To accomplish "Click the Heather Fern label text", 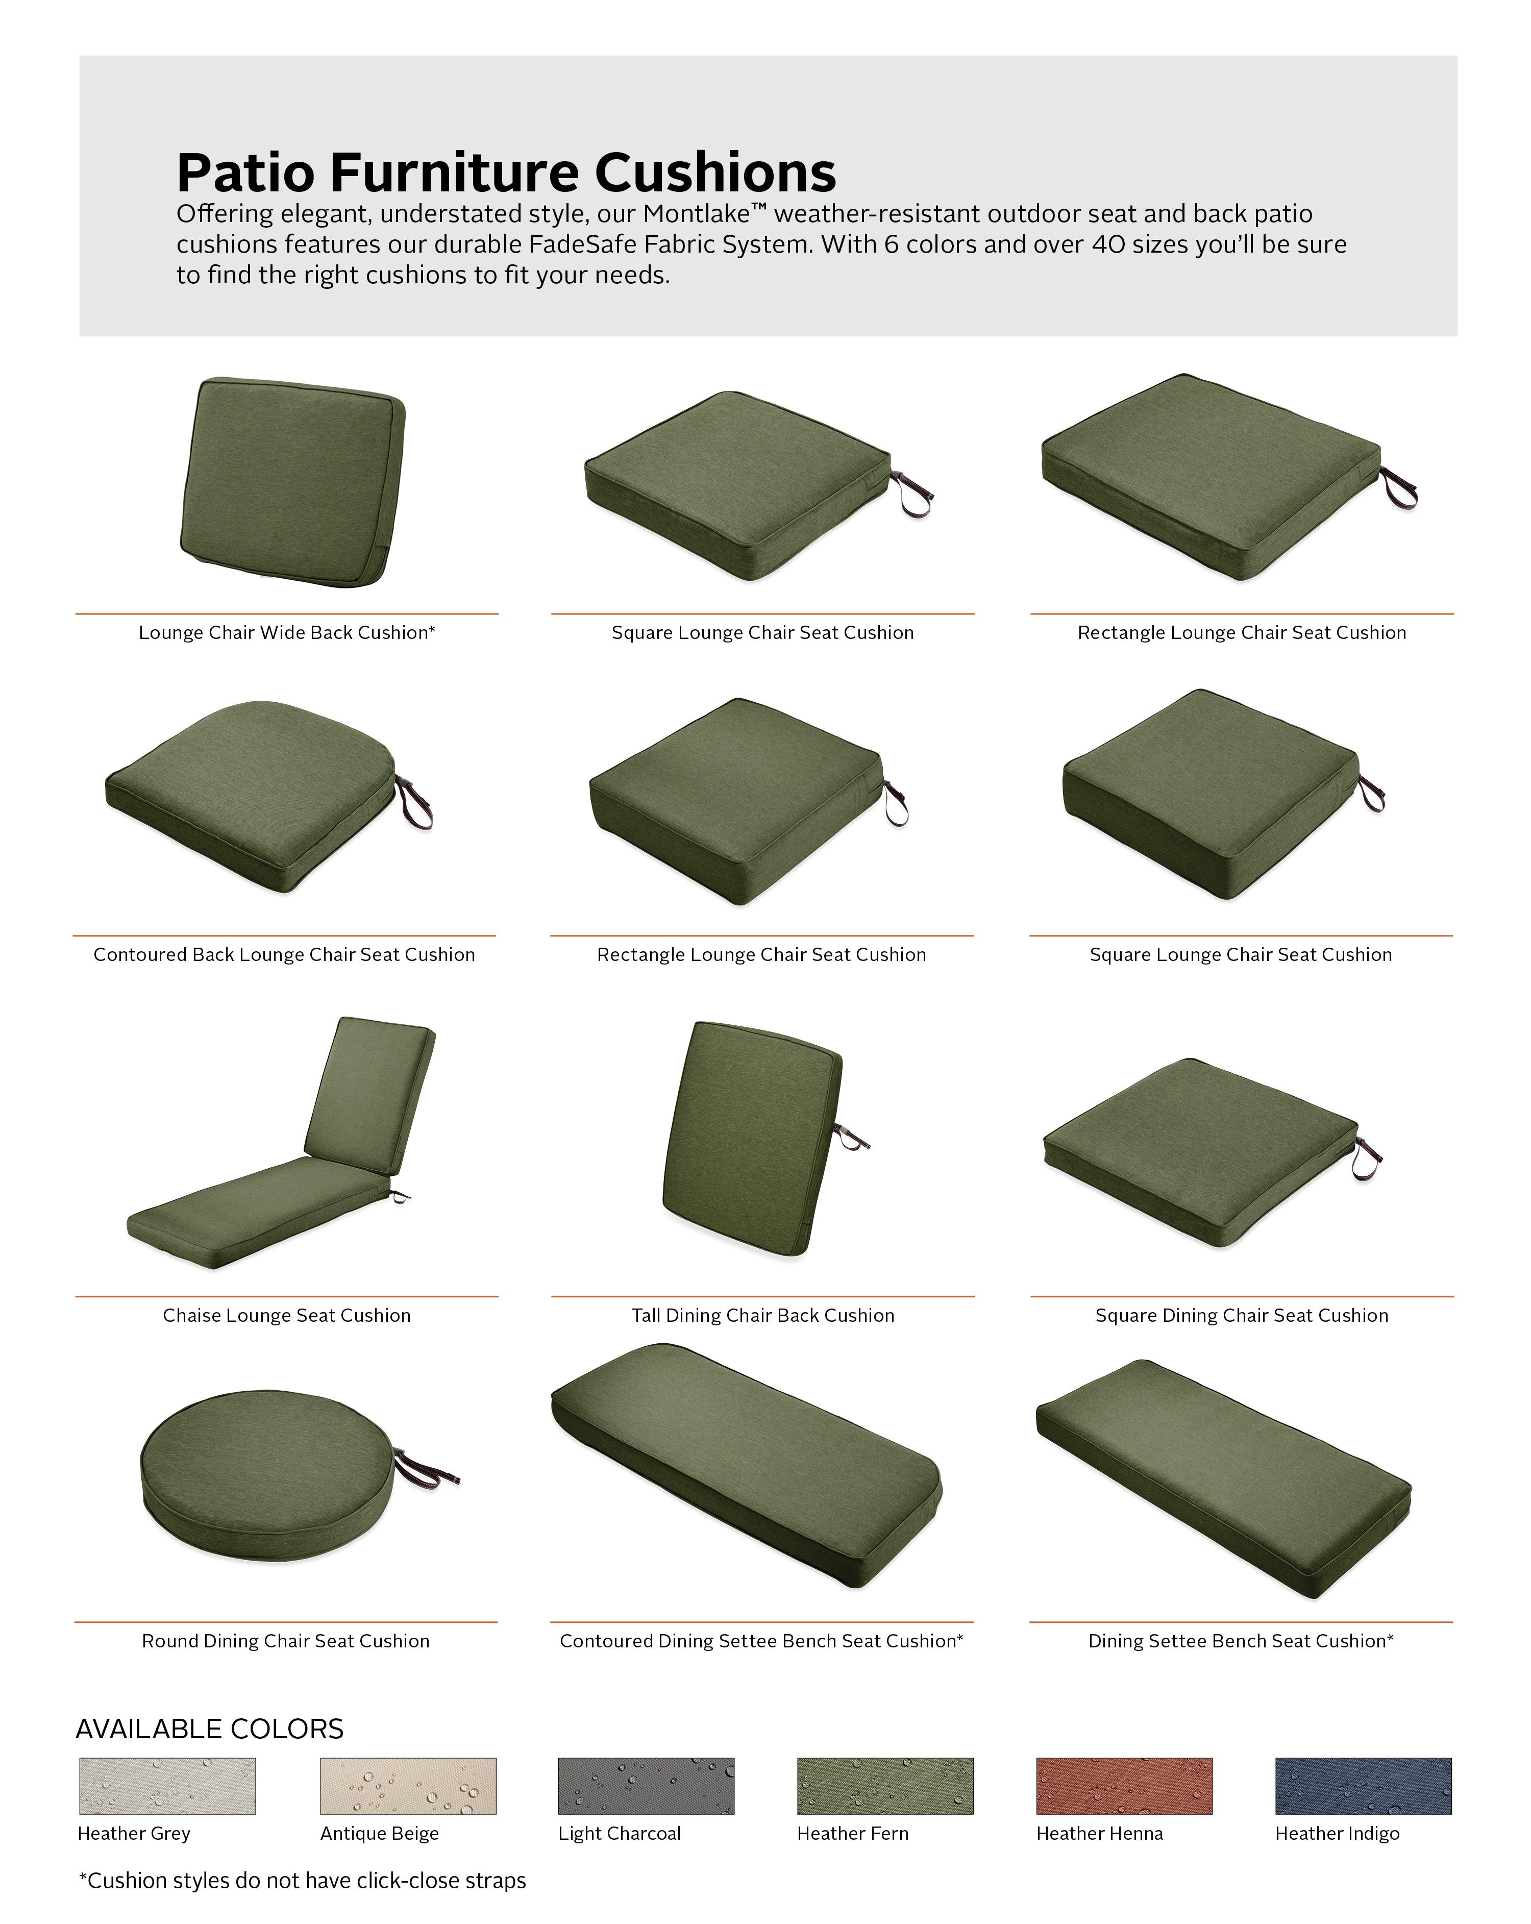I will tap(852, 1833).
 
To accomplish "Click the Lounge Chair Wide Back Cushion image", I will tap(292, 482).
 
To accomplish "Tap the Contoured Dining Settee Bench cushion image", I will tap(746, 1464).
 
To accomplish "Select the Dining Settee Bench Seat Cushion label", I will tap(1240, 1641).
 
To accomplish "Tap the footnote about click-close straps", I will tap(303, 1880).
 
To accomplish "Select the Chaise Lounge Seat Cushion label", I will tap(286, 1315).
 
